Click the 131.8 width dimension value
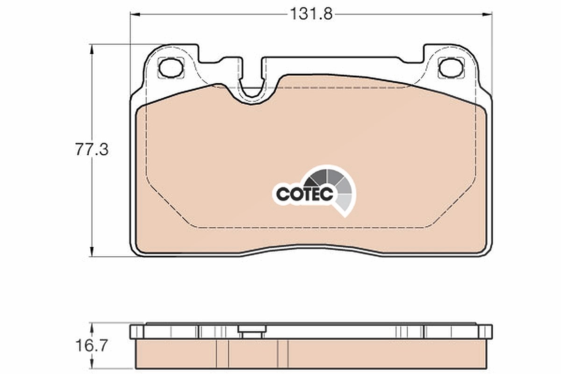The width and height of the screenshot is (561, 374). pos(311,14)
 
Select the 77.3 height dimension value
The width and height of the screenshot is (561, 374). pos(92,150)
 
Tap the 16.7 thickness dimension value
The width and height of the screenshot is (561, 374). pos(92,345)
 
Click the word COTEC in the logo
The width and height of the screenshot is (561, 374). pos(304,194)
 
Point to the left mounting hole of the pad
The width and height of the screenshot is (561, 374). pos(171,68)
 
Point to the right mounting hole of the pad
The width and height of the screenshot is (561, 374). pos(451,67)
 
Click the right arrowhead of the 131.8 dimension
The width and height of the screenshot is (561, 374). pos(487,14)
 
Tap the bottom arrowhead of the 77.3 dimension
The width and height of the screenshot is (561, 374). pos(92,252)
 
